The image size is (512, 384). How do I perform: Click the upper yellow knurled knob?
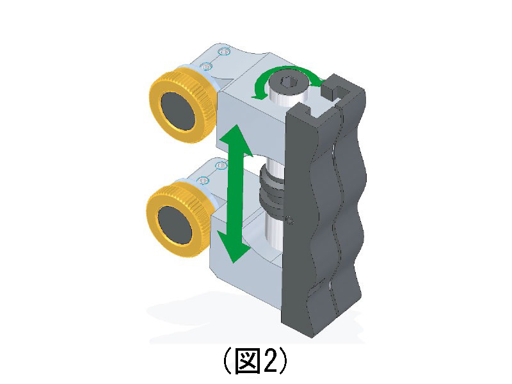(184, 106)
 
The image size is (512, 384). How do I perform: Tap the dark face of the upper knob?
(178, 111)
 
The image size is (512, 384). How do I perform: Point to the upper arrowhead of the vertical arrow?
(236, 140)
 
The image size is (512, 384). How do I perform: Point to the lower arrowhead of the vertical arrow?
(234, 246)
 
